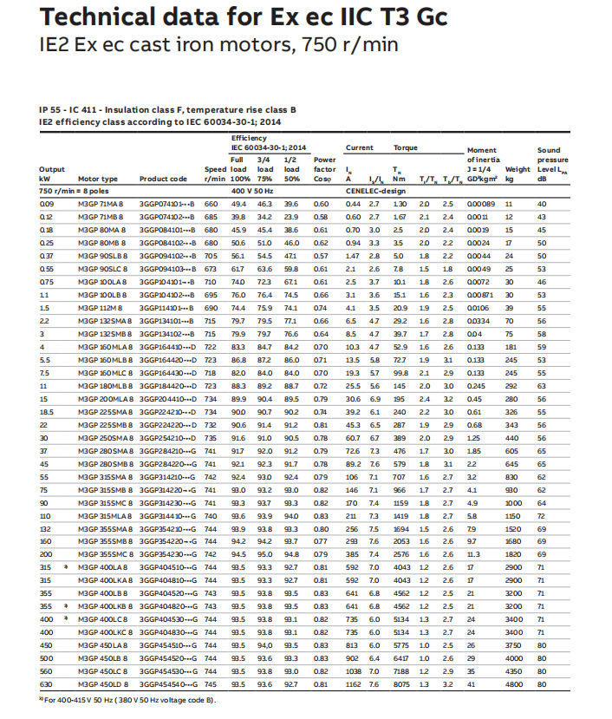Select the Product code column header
tap(163, 179)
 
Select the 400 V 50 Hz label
tap(252, 190)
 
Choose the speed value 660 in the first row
tap(211, 203)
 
